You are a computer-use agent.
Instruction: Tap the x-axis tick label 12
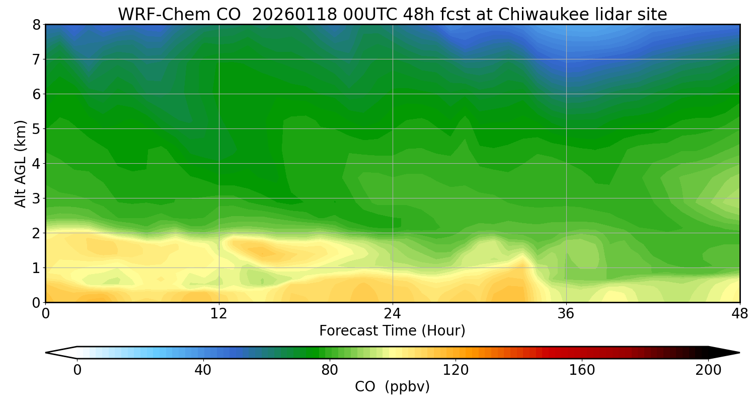click(x=219, y=314)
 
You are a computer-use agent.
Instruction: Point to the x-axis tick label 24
click(x=393, y=314)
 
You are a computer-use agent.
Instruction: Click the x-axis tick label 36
click(x=566, y=314)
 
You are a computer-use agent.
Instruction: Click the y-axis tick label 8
click(x=36, y=25)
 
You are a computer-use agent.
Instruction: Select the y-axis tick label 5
click(x=36, y=129)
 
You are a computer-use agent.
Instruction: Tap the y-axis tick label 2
click(x=36, y=233)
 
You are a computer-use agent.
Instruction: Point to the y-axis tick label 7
click(x=36, y=59)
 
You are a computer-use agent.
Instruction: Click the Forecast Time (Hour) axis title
click(x=392, y=331)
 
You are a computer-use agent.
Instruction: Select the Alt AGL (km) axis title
click(x=21, y=163)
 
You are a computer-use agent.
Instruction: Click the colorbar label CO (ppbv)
click(x=392, y=387)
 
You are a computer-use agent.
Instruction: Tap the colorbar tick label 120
click(x=456, y=371)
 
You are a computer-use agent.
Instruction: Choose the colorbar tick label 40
click(x=203, y=371)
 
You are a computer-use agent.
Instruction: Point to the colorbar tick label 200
click(x=708, y=371)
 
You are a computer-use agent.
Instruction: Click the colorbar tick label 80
click(x=330, y=371)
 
